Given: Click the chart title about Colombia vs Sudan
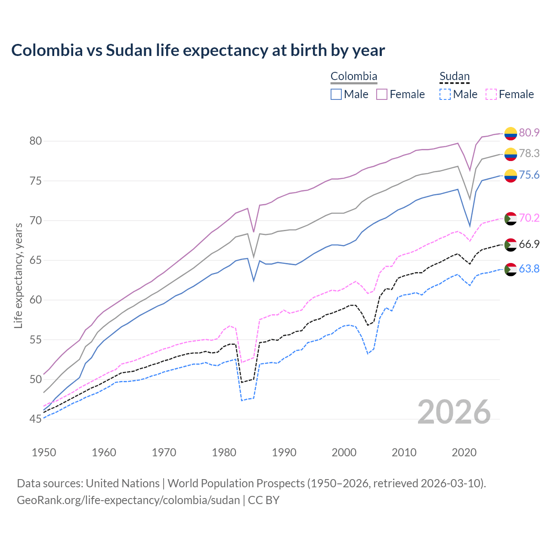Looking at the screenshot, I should coord(198,50).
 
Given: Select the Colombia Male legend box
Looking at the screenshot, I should coord(336,94).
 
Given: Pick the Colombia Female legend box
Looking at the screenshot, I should coord(382,94).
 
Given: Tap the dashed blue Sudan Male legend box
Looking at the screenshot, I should coord(445,94).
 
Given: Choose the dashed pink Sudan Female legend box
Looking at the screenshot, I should coord(491,94).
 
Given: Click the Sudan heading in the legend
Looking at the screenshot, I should coord(454,77).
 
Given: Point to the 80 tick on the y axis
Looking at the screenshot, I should coord(35,141).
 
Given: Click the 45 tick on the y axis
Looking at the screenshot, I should coord(35,419).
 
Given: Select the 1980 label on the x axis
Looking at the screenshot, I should coord(224,452).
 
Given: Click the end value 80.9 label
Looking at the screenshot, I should coord(529,133).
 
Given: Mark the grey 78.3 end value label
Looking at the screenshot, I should coord(529,153).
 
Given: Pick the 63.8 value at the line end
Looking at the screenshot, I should coord(529,269).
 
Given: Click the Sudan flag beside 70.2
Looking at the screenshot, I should coord(511,219).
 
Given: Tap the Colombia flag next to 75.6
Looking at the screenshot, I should coord(511,176).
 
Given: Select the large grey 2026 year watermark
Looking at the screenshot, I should coord(454,412).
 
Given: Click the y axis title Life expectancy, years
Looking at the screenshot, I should coord(19,275).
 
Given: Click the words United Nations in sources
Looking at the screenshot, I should coord(123,483).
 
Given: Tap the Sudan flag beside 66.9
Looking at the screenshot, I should coord(511,245).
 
